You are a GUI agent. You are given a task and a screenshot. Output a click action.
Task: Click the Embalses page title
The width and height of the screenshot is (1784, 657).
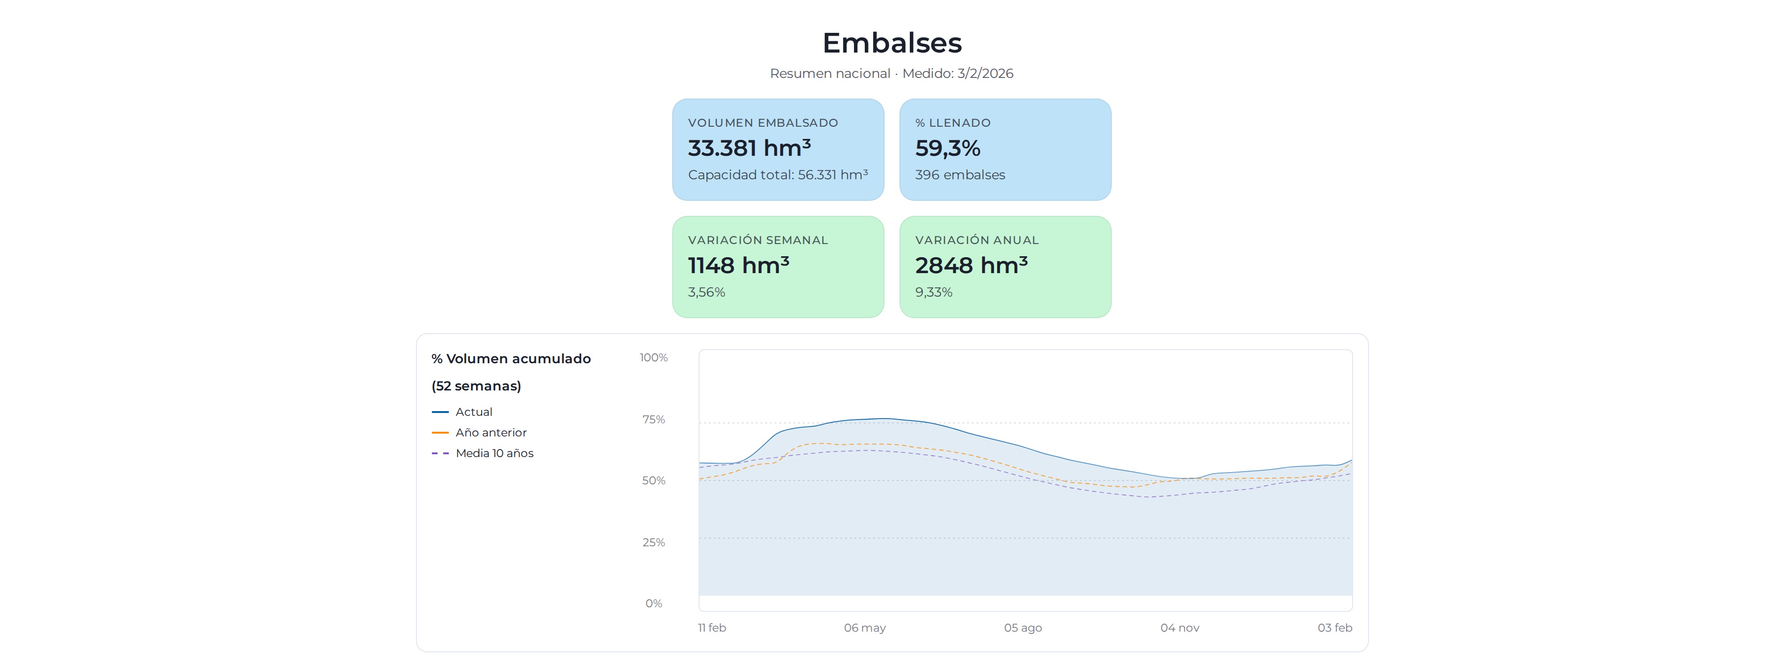(x=892, y=43)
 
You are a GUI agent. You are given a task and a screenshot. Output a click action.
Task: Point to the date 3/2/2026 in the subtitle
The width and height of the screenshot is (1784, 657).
(x=985, y=73)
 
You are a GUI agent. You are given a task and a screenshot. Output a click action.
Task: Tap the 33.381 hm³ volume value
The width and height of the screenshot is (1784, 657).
(x=749, y=148)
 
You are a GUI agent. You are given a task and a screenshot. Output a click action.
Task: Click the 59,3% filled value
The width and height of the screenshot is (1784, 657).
(x=947, y=148)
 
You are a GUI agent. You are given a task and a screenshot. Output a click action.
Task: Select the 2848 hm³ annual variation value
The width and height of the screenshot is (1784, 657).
(x=971, y=265)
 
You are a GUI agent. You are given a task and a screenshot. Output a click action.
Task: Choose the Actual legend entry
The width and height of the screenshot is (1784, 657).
(x=474, y=412)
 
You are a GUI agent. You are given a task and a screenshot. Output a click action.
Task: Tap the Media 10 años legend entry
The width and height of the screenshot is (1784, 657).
(x=494, y=453)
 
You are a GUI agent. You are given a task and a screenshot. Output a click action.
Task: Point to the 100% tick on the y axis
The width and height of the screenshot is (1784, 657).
(x=653, y=358)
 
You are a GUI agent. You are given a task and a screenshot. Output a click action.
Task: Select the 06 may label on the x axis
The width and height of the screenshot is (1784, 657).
(x=864, y=628)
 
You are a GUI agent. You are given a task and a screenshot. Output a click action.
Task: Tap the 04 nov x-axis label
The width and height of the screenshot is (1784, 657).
(x=1179, y=628)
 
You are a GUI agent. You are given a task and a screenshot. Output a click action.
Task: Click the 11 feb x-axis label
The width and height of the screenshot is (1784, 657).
(x=711, y=628)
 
